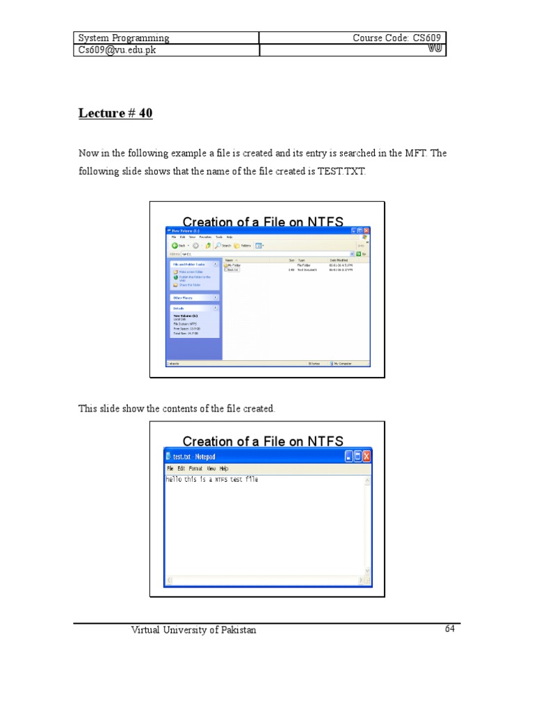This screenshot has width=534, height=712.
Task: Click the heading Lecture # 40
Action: click(115, 113)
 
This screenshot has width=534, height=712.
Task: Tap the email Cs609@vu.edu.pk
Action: click(115, 51)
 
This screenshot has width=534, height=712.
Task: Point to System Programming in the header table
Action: click(124, 38)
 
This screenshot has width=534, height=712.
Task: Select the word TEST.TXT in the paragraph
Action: click(341, 171)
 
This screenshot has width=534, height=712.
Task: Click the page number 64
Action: click(450, 629)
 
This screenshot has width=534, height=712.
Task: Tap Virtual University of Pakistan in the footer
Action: click(194, 630)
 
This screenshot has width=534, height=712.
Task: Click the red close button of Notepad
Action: click(366, 456)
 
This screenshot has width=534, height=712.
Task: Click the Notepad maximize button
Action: click(357, 456)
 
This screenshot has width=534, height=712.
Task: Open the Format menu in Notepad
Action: click(195, 469)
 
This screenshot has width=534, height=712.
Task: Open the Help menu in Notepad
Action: click(224, 469)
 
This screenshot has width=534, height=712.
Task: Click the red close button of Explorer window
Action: click(366, 230)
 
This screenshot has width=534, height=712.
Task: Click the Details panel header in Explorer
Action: click(179, 307)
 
